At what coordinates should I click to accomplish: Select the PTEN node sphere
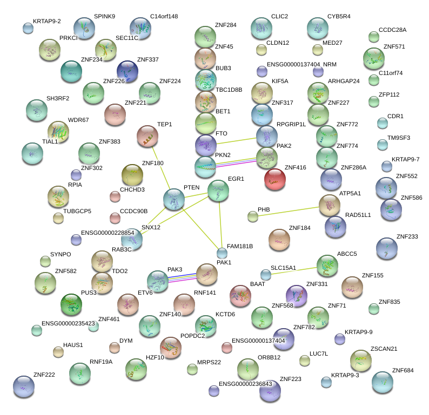(174, 200)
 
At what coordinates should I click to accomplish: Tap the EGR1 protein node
(218, 191)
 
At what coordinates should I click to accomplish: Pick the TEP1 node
(146, 137)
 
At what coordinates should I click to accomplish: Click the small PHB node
(252, 217)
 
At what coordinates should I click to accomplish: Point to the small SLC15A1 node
(265, 275)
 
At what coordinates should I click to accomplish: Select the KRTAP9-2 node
(28, 28)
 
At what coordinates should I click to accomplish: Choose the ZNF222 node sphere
(23, 387)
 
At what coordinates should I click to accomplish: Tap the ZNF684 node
(383, 382)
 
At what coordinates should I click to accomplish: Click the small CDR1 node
(382, 123)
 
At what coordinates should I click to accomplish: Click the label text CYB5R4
(338, 17)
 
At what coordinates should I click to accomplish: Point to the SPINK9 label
(104, 17)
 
